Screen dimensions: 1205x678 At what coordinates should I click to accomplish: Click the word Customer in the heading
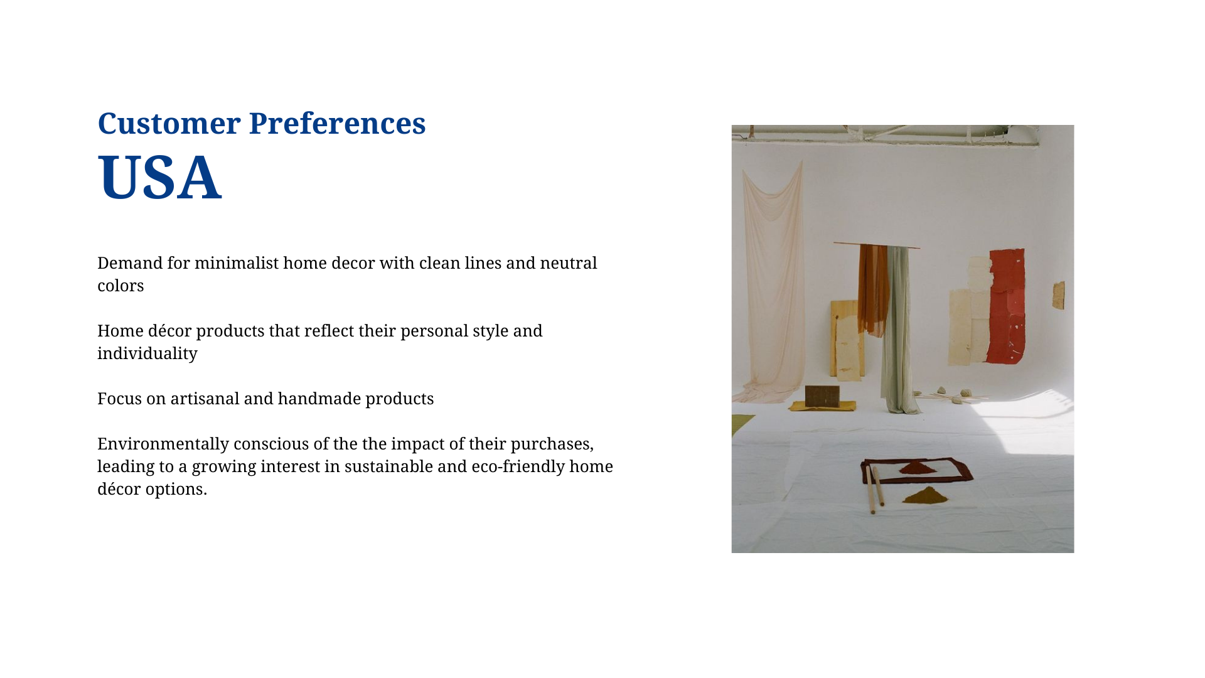pos(169,123)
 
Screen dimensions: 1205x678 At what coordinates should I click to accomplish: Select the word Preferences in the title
pos(338,123)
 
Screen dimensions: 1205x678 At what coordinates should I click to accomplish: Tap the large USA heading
pos(159,177)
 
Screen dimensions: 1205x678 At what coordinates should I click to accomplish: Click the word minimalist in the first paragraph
pos(236,262)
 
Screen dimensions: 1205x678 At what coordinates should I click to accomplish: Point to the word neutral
pos(569,262)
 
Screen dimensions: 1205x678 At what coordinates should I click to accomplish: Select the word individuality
pos(147,353)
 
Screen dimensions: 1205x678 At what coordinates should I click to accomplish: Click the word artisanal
pos(205,398)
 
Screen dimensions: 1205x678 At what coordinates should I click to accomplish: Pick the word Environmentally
pos(163,443)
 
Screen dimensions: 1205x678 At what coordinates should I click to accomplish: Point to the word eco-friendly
pos(518,466)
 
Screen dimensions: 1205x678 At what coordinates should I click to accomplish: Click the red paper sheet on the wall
pos(1007,306)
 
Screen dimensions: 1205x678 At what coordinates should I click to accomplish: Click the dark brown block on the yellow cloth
pos(822,395)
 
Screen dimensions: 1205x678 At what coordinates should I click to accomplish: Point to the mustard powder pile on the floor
pos(925,496)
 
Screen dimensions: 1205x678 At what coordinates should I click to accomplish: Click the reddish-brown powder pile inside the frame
pos(918,468)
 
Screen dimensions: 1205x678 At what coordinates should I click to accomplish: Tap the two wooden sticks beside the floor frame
pos(875,489)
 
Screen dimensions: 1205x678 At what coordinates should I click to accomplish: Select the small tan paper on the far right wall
pos(1059,295)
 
